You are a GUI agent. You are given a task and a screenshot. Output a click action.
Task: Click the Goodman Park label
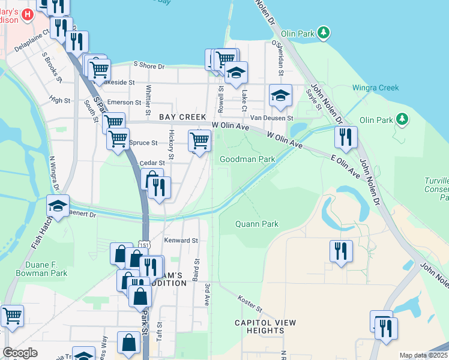coord(247,159)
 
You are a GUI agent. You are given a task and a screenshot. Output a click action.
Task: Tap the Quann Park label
coord(257,224)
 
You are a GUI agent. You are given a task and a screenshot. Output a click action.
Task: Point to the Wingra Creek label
coord(379,88)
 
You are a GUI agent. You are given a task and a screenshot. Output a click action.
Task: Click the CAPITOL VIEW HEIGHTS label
coord(265,326)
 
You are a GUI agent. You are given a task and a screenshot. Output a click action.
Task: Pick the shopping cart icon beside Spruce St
coord(118,140)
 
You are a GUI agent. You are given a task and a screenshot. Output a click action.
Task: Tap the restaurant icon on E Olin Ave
coord(346,137)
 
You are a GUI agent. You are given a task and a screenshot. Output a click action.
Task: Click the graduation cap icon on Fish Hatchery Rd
coord(58,206)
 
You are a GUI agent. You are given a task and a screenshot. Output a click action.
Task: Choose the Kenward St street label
coord(181,241)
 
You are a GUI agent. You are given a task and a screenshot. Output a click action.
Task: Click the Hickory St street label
coord(171,145)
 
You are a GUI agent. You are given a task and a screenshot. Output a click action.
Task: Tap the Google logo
coord(20,353)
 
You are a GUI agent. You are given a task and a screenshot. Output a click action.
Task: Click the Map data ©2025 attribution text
coord(423,355)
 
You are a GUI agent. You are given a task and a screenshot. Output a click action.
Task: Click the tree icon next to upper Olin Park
coord(324,32)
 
